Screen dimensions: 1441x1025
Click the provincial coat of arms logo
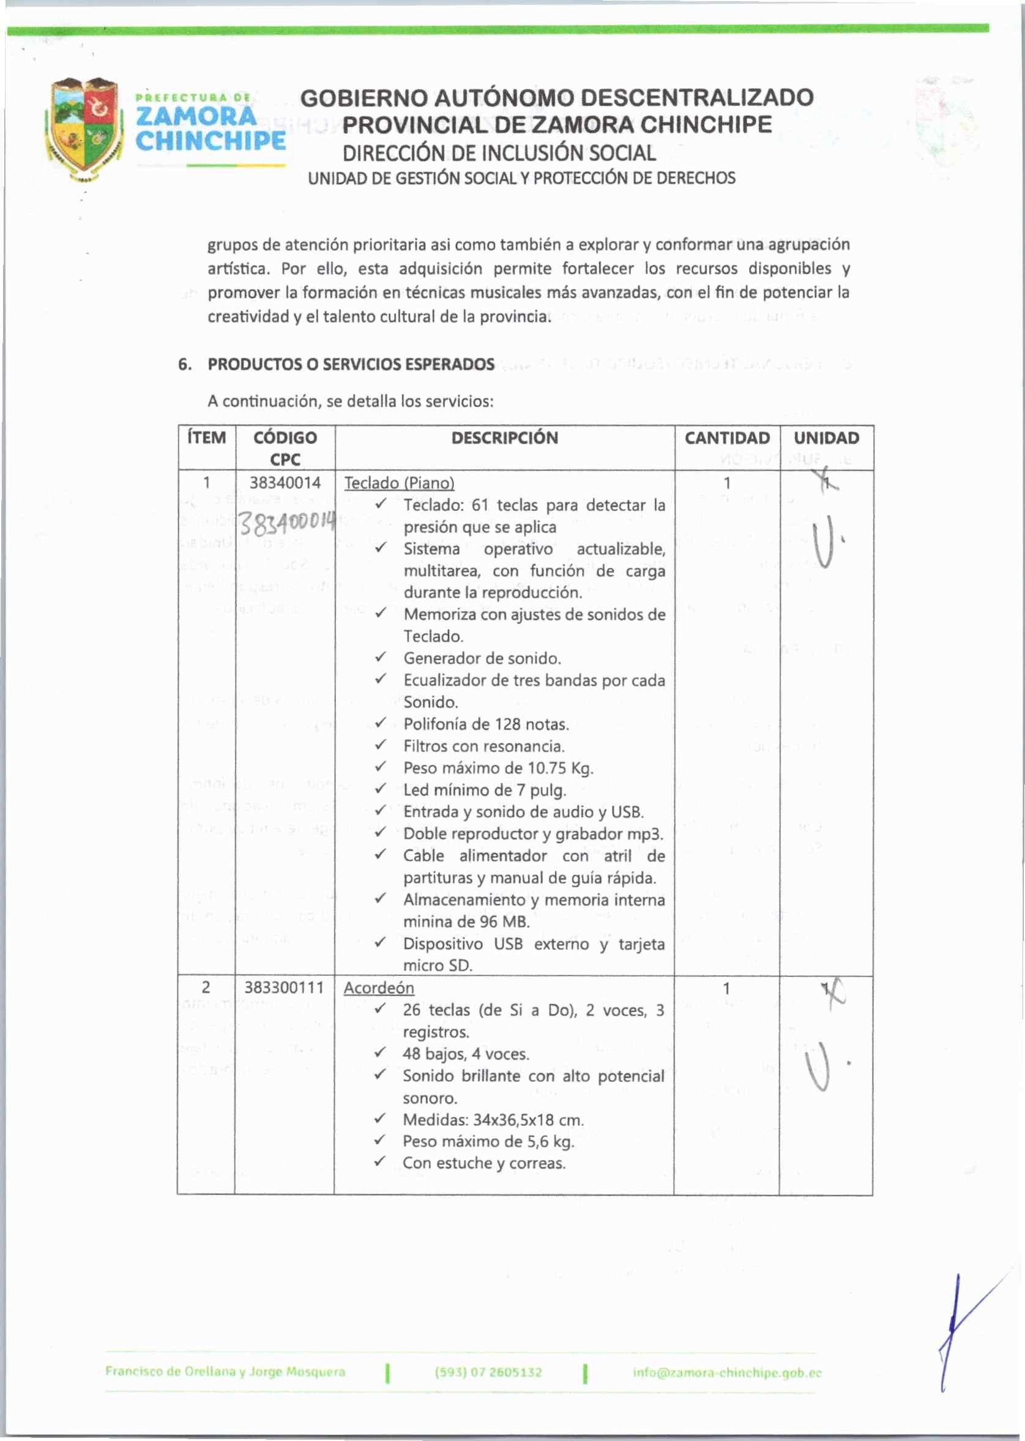[x=84, y=128]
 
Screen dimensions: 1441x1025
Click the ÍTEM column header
[x=206, y=438]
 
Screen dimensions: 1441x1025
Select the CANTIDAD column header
[x=726, y=438]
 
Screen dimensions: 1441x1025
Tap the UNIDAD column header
[x=826, y=438]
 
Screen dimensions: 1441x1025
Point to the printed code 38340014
[x=285, y=483]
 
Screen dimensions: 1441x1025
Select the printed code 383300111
[x=283, y=988]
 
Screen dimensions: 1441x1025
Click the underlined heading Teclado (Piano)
[x=399, y=483]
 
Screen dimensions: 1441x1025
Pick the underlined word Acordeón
[x=379, y=988]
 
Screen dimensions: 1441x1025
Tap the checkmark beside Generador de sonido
[x=380, y=658]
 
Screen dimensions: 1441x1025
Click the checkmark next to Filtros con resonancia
[x=380, y=745]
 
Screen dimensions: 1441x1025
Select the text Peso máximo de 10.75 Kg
[x=498, y=767]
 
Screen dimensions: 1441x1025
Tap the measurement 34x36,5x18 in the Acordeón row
[x=513, y=1120]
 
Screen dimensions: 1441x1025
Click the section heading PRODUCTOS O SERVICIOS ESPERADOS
[x=351, y=364]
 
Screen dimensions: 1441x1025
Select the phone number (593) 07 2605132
[x=488, y=1372]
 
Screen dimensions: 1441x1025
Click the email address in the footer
[x=727, y=1372]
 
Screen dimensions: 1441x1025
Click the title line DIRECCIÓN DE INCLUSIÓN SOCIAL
[x=499, y=153]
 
